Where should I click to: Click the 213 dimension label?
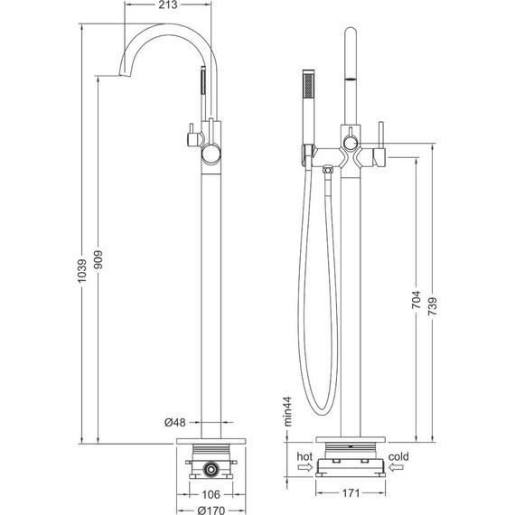pyautogui.click(x=167, y=5)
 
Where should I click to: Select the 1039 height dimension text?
pyautogui.click(x=81, y=270)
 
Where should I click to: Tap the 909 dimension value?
pyautogui.click(x=98, y=259)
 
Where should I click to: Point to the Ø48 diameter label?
pyautogui.click(x=175, y=422)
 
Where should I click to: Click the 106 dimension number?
pyautogui.click(x=211, y=494)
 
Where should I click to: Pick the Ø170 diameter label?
pyautogui.click(x=211, y=510)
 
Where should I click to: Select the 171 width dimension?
pyautogui.click(x=351, y=493)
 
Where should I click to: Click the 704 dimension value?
pyautogui.click(x=417, y=299)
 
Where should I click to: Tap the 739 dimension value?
pyautogui.click(x=433, y=306)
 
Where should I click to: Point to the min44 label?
pyautogui.click(x=287, y=411)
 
